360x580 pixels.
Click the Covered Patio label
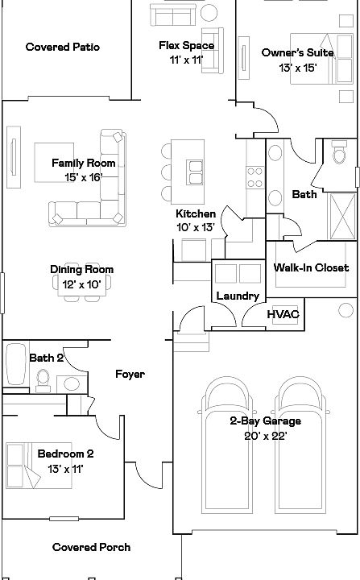63,47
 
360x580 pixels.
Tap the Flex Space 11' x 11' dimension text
187,60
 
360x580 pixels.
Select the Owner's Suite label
297,52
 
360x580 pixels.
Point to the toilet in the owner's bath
339,151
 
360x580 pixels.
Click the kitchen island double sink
194,172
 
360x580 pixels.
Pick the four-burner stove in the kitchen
255,177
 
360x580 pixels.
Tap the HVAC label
283,314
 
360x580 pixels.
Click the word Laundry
238,296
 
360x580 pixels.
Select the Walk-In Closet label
311,267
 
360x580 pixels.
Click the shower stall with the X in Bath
342,216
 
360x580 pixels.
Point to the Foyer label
130,374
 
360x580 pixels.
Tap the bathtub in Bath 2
16,365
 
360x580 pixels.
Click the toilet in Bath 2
43,380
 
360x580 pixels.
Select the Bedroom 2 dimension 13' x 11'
65,469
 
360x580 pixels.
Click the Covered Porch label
91,547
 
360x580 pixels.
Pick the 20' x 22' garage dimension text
266,436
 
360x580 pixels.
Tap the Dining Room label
82,269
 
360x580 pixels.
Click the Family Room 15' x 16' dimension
83,177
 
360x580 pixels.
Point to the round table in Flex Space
209,13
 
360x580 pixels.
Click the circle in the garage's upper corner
346,310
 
